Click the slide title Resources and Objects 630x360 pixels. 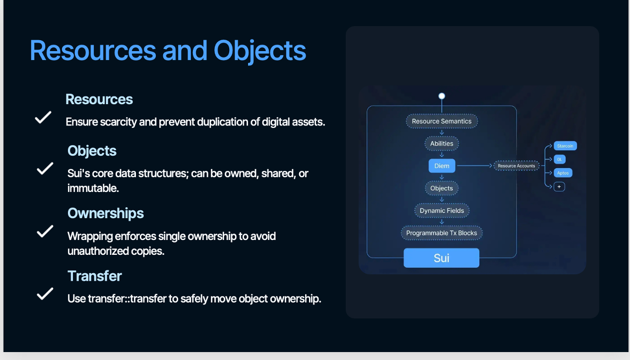pyautogui.click(x=168, y=51)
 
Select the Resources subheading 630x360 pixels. pyautogui.click(x=99, y=99)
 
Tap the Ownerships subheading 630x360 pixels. pyautogui.click(x=106, y=213)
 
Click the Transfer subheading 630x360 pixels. pyautogui.click(x=94, y=276)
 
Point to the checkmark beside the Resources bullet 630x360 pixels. pyautogui.click(x=43, y=118)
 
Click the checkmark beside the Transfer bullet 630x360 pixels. pyautogui.click(x=45, y=294)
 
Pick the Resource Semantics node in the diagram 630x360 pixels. pyautogui.click(x=441, y=121)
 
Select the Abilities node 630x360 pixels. pyautogui.click(x=441, y=144)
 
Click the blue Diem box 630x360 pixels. pyautogui.click(x=442, y=166)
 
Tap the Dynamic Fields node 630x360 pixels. pyautogui.click(x=442, y=210)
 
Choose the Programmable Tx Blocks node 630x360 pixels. pyautogui.click(x=441, y=233)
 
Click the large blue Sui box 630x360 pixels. pyautogui.click(x=441, y=258)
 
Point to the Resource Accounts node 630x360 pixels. pyautogui.click(x=516, y=166)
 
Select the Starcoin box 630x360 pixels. pyautogui.click(x=565, y=146)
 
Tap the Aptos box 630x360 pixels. pyautogui.click(x=563, y=173)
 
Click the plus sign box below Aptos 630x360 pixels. pyautogui.click(x=559, y=186)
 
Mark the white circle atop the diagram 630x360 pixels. pyautogui.click(x=442, y=96)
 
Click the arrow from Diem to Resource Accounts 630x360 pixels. pyautogui.click(x=474, y=166)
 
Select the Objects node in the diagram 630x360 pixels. pyautogui.click(x=441, y=188)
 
